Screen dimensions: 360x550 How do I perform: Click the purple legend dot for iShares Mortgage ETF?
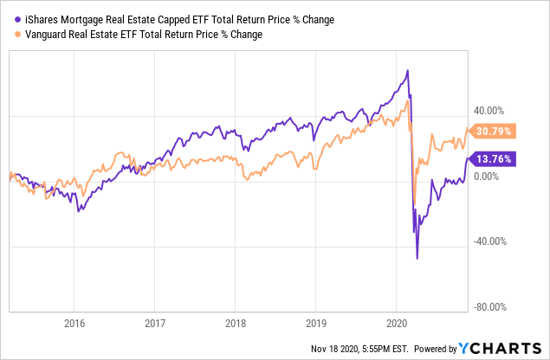[11, 19]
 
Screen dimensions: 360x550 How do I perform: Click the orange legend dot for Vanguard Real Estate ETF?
[11, 34]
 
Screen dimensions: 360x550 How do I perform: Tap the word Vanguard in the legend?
[43, 34]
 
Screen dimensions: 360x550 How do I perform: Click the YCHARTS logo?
[500, 349]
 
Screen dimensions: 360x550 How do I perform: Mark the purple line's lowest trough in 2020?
[417, 258]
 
